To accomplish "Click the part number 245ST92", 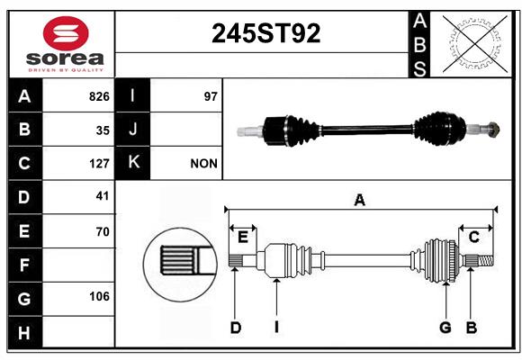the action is pos(265,33).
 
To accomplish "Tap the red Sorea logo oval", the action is pos(66,33).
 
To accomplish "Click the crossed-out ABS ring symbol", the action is pos(475,44).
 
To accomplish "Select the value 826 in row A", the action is pos(99,96).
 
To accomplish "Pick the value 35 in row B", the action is pos(103,130).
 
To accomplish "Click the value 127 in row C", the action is pos(99,164).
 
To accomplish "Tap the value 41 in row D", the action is pos(103,196).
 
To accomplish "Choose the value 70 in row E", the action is pos(103,231).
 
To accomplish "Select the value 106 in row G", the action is pos(99,296).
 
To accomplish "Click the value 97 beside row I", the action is pos(211,96).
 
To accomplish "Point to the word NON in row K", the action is pos(203,164).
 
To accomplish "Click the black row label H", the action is pos(24,333).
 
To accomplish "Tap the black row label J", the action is pos(132,130).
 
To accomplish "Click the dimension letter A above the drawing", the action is pos(359,201).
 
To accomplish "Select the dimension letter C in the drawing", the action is pos(473,238).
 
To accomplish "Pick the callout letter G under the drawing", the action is pos(445,328).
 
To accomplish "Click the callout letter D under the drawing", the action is pos(236,328).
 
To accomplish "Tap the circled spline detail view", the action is pos(181,265).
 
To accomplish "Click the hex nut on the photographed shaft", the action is pos(494,129).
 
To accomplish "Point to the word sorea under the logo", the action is pos(65,58).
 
